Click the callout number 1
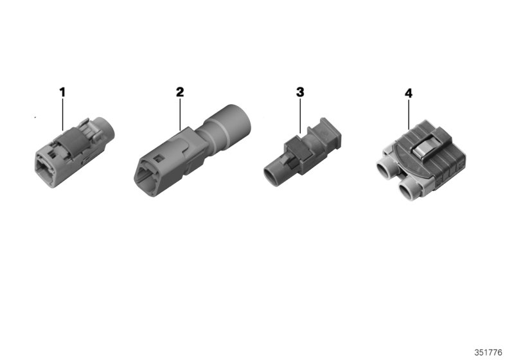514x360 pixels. click(62, 92)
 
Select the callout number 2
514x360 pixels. click(180, 92)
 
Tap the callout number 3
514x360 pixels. click(299, 92)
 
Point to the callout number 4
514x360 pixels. click(409, 93)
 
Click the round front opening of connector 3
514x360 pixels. click(270, 174)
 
